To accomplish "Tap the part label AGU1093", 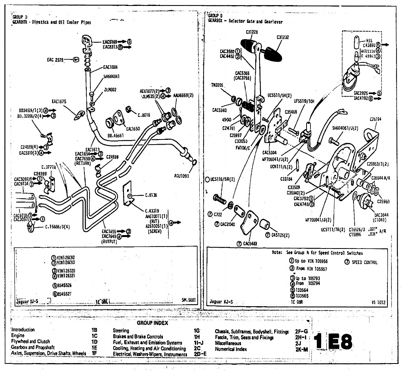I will click(x=181, y=176).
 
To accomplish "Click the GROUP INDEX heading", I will click(x=152, y=323).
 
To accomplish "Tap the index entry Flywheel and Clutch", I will click(x=31, y=341).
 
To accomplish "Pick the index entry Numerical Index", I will click(x=231, y=349).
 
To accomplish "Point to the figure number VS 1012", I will click(x=378, y=302).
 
